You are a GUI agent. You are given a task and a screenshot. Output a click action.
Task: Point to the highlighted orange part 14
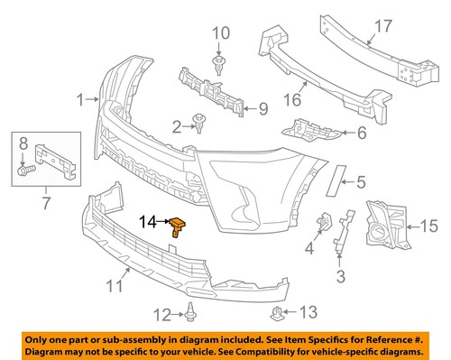click(178, 225)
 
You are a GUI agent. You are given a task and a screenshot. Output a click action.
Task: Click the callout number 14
click(149, 219)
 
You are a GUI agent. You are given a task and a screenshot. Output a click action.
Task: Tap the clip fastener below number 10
click(218, 62)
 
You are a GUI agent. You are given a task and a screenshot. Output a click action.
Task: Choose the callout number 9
click(264, 110)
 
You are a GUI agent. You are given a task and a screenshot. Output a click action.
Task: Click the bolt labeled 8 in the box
click(26, 168)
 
